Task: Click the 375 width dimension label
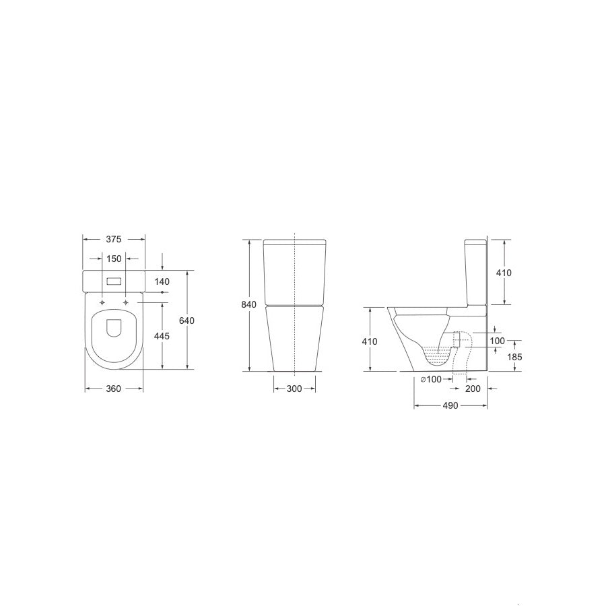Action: click(x=114, y=240)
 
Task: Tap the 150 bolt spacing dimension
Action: click(x=114, y=259)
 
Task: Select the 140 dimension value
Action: click(x=162, y=281)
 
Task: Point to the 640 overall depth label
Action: click(x=187, y=321)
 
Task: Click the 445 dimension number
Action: click(x=162, y=337)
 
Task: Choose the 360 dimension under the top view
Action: click(x=114, y=389)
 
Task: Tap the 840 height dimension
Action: click(x=248, y=305)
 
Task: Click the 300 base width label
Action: click(x=294, y=389)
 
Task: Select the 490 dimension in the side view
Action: click(x=450, y=405)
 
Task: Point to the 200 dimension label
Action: click(x=473, y=389)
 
